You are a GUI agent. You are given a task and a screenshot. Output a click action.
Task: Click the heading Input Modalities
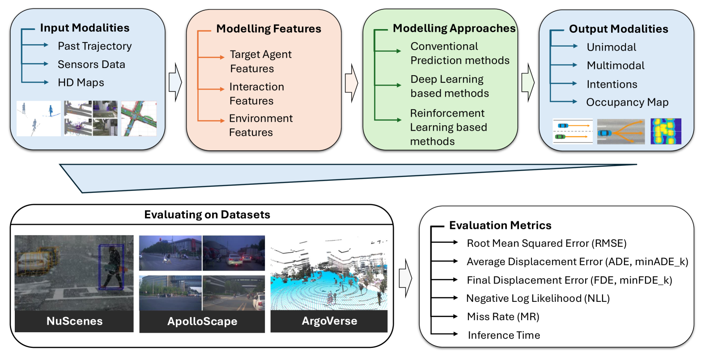(x=85, y=28)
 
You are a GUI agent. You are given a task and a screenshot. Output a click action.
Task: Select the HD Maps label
(x=81, y=83)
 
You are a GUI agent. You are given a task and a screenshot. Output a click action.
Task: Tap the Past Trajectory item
(x=94, y=46)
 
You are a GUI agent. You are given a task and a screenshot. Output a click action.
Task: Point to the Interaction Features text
(x=256, y=93)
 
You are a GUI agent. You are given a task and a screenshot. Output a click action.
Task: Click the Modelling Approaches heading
(x=454, y=28)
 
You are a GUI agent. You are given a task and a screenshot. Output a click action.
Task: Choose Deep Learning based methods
(x=449, y=86)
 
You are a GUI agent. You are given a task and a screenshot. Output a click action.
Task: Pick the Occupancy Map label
(x=627, y=102)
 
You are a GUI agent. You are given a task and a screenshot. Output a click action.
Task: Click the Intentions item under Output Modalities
(x=612, y=84)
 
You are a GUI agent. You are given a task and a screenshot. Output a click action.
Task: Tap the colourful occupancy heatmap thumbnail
(x=666, y=131)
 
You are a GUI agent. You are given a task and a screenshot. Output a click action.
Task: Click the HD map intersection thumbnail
(x=139, y=118)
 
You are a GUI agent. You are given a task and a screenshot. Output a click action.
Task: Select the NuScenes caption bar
(x=74, y=321)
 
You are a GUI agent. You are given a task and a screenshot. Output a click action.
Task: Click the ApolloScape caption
(x=202, y=322)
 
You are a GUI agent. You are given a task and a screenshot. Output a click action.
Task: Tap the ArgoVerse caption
(x=329, y=321)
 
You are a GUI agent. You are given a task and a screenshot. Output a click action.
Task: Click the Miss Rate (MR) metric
(x=503, y=317)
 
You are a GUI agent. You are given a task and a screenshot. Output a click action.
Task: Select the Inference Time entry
(x=504, y=335)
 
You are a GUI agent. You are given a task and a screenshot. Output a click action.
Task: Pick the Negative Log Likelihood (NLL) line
(x=538, y=298)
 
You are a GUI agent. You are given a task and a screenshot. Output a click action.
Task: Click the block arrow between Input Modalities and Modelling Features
(x=175, y=82)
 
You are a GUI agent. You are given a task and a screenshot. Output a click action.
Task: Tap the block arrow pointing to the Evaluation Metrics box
(x=405, y=278)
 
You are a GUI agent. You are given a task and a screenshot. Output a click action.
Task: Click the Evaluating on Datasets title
(x=207, y=215)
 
